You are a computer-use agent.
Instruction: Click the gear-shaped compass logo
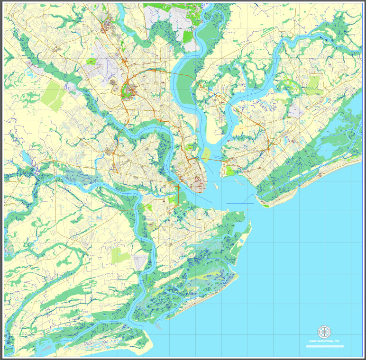coord(324,331)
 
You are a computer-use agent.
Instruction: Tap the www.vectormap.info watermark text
coord(324,341)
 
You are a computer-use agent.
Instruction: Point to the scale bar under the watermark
coord(324,347)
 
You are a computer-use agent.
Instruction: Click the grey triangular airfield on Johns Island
coord(141,261)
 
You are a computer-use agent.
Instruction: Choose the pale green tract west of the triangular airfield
coord(120,256)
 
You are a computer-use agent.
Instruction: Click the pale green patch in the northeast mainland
coord(313,86)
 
